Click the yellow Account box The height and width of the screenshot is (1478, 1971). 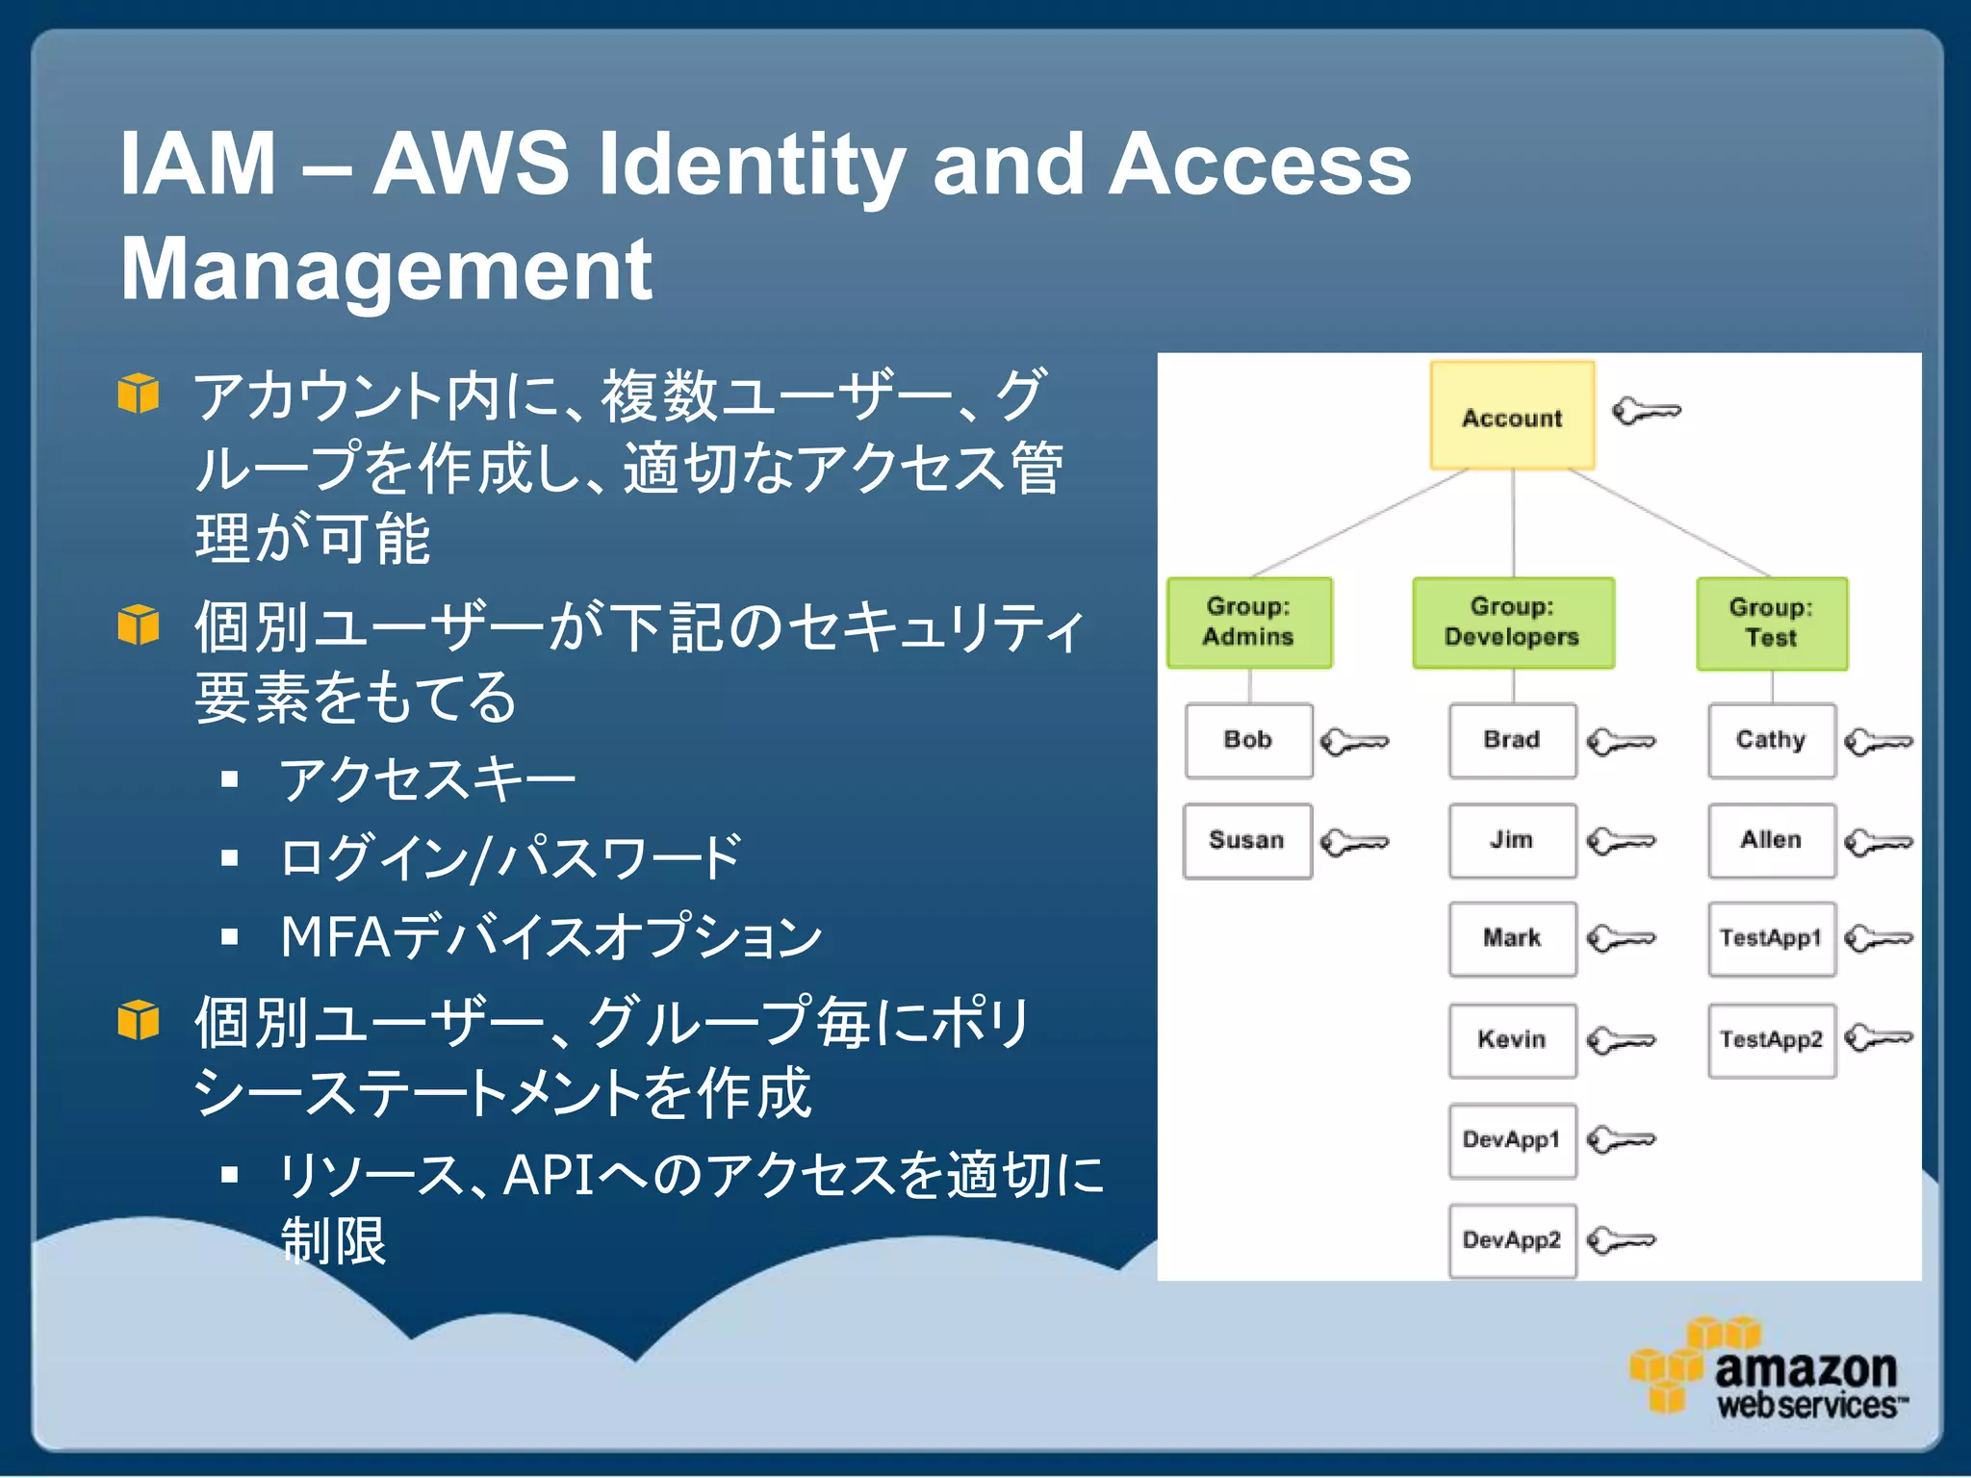pos(1512,416)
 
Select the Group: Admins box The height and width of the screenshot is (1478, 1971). pos(1248,623)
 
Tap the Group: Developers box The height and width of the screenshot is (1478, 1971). pos(1512,623)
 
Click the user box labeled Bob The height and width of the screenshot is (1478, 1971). pos(1248,740)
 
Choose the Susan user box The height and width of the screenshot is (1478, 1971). pos(1247,840)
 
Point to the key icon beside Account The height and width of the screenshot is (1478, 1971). pos(1646,412)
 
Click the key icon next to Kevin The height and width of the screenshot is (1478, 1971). pos(1621,1040)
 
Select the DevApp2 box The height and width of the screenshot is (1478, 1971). pos(1512,1240)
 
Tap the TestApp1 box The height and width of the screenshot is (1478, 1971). pos(1771,938)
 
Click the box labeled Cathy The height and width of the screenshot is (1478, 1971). pos(1771,740)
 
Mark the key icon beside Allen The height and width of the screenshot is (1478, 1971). pos(1879,843)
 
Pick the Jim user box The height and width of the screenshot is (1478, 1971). pos(1512,840)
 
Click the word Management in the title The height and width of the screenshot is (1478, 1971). pos(386,270)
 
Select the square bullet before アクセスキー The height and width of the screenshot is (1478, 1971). pos(229,778)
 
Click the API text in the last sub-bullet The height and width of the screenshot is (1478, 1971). pos(549,1175)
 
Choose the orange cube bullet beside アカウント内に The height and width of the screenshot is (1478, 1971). pos(139,394)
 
